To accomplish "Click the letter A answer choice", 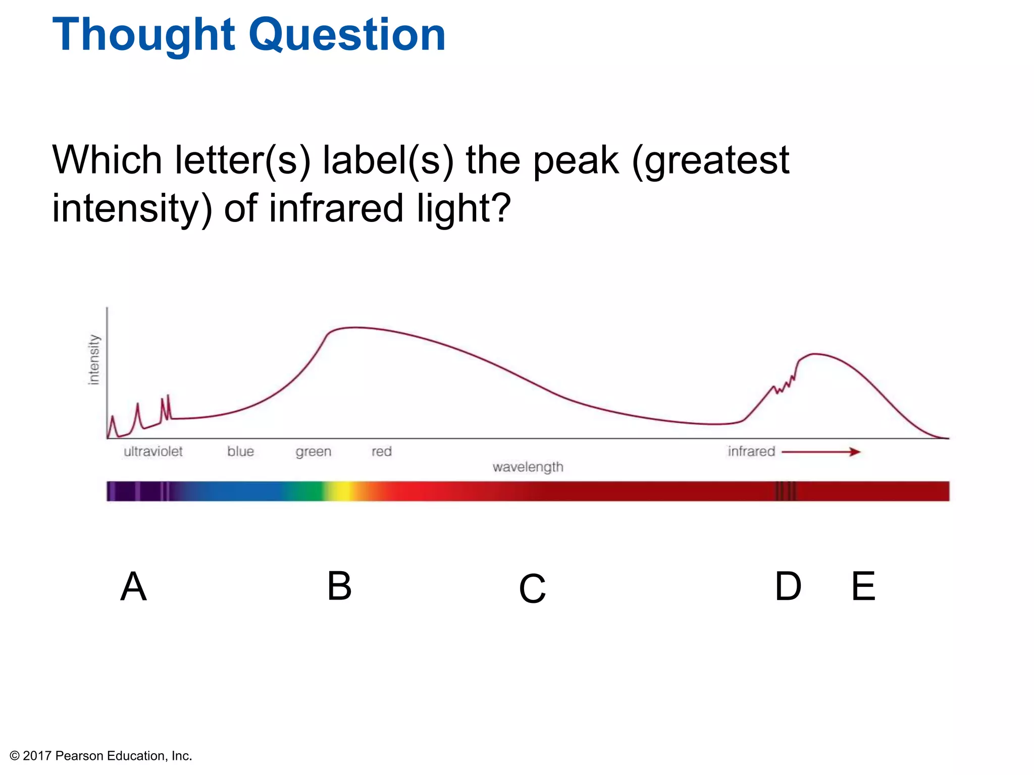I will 134,586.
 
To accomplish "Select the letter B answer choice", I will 339,586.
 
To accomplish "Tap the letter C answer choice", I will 532,588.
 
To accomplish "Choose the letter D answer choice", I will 788,586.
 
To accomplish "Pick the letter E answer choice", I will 863,586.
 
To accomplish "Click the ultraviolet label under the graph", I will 153,451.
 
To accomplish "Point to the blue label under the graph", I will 240,451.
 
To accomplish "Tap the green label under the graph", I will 314,452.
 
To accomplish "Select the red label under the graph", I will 382,451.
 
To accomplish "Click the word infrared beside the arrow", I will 751,451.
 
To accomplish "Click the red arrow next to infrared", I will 821,452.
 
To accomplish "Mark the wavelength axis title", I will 528,467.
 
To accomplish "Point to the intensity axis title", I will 94,359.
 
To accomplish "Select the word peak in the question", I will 576,160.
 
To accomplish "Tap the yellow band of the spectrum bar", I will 342,491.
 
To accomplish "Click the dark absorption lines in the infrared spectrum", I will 786,491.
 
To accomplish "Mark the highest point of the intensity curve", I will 356,327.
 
